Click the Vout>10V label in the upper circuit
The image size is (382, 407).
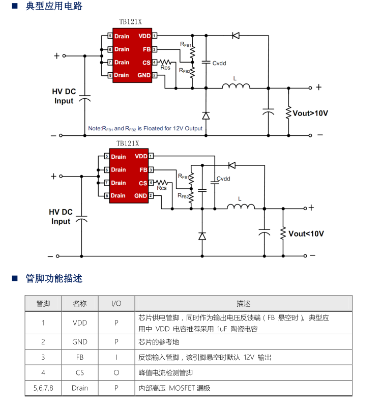coord(310,113)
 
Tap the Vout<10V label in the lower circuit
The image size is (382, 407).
coord(306,234)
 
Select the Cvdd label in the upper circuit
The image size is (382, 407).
coord(219,63)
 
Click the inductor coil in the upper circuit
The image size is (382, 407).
coord(236,86)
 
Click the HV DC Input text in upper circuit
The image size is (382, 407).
coord(64,96)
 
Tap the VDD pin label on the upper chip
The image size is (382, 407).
coord(144,36)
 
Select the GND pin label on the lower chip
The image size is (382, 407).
coord(140,196)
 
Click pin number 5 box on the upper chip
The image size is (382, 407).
coord(110,36)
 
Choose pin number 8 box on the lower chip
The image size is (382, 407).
coord(107,196)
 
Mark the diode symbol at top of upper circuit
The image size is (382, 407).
coord(236,35)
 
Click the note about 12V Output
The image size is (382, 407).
coord(145,128)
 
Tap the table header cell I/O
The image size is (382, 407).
coord(116,304)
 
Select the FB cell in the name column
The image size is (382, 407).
coord(80,357)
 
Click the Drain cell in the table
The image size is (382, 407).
coord(80,388)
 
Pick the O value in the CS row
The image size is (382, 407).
coord(116,372)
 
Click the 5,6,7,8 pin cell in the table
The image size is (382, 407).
coord(43,388)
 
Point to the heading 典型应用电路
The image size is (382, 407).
coord(54,7)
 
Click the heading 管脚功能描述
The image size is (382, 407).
coord(54,278)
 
